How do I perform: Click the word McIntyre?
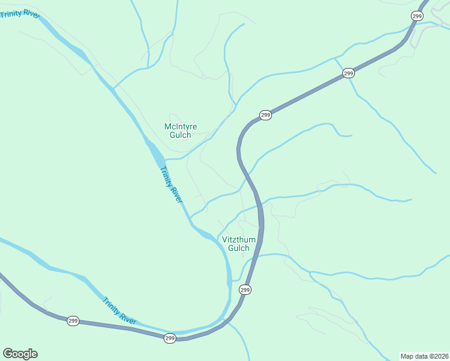point(180,126)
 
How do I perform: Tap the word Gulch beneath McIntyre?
point(180,135)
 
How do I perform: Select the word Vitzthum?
point(239,239)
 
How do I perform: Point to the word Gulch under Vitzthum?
point(239,248)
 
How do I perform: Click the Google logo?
point(20,354)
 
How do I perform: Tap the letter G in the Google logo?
point(8,354)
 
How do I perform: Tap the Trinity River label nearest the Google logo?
point(119,311)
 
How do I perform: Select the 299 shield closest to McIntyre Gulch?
point(265,115)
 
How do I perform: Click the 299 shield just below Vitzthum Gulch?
point(245,290)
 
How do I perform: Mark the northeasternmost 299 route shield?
point(417,16)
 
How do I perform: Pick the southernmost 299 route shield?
point(170,339)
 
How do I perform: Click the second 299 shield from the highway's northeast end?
point(348,73)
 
